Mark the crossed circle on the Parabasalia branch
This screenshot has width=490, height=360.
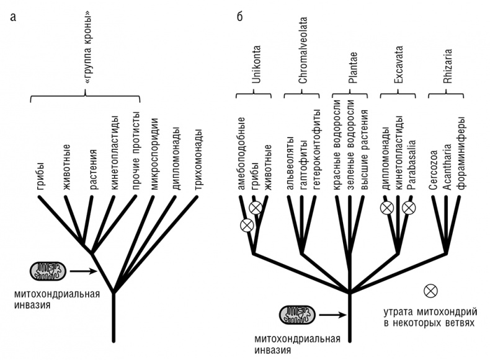408,208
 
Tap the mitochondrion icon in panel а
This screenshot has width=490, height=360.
48,270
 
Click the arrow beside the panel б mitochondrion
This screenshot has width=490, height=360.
332,315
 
